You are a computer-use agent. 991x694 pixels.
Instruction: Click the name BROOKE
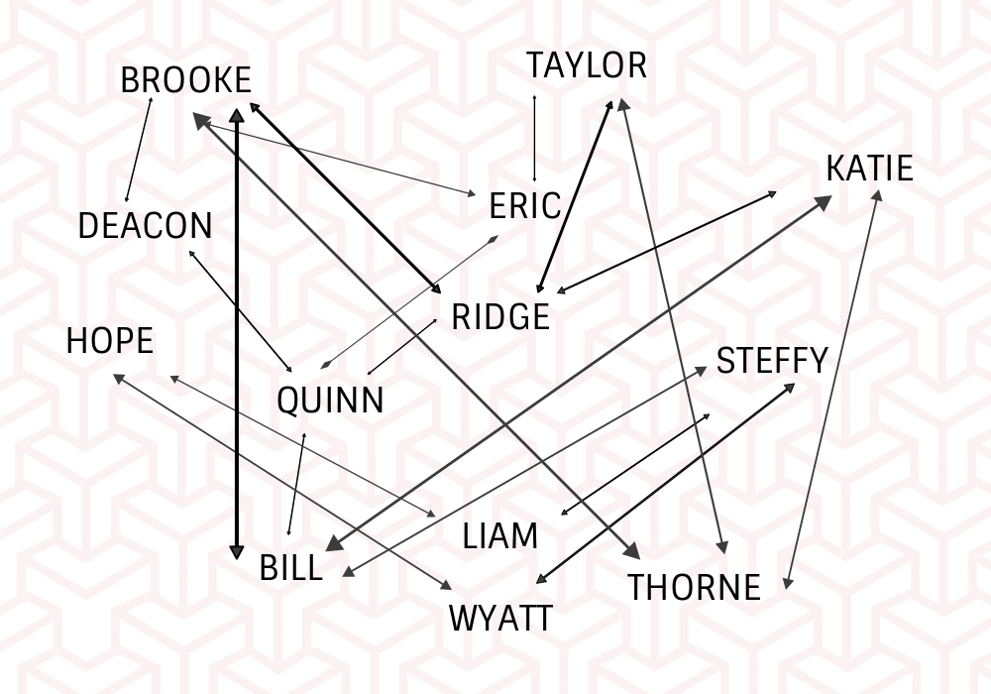(x=185, y=80)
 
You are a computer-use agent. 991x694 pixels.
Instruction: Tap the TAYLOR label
(x=586, y=65)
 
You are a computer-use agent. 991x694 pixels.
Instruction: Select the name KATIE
(x=869, y=169)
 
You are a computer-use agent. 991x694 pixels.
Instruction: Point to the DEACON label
(x=145, y=226)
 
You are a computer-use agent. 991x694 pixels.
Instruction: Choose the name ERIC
(x=525, y=207)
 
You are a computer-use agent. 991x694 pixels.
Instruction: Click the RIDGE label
(x=499, y=317)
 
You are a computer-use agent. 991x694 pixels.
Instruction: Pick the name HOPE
(x=110, y=341)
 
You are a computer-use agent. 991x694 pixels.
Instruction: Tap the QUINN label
(x=330, y=401)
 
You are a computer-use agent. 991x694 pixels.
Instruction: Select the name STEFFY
(x=771, y=361)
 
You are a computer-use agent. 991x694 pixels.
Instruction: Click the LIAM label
(x=500, y=536)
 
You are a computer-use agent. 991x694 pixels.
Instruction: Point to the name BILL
(x=290, y=568)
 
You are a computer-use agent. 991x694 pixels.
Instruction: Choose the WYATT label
(x=500, y=619)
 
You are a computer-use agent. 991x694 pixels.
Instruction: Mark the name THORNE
(x=694, y=588)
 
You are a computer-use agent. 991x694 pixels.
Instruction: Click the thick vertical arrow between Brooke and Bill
(x=236, y=337)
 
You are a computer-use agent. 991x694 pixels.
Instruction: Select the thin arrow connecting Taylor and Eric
(x=535, y=139)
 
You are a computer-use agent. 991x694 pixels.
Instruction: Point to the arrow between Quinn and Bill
(x=296, y=484)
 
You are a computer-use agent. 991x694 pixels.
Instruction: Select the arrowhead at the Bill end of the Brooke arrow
(x=236, y=551)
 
